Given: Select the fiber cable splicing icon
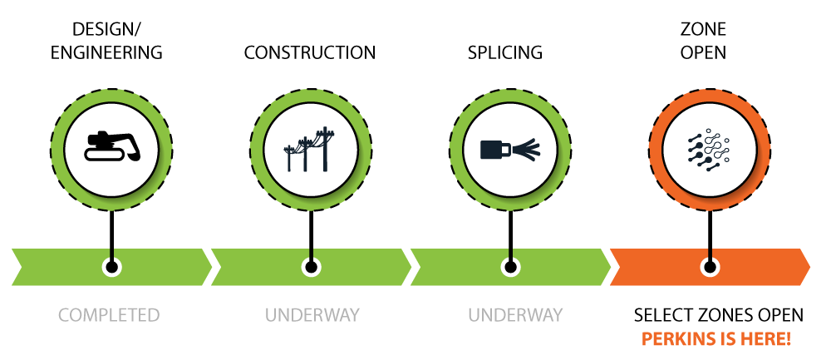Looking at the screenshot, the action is coord(510,150).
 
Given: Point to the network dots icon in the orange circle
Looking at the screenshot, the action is coord(709,149).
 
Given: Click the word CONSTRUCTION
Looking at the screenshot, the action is coord(310,52).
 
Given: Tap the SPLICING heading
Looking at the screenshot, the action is coord(505,52).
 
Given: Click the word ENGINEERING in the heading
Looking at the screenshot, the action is coord(106,52).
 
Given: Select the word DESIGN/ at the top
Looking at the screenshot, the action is coord(106,29).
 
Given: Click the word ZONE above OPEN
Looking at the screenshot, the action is coord(703,29).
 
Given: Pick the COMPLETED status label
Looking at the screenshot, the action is coord(109,315).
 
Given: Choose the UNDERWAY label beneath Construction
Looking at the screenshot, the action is coord(312,315).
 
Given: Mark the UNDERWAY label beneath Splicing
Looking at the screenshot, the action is coord(515,315).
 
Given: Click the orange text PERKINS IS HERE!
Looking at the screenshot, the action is coord(717,338).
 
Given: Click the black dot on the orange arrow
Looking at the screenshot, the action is coord(710,267).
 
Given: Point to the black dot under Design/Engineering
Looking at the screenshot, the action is coord(111,267).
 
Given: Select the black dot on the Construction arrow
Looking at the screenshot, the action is coord(311,267).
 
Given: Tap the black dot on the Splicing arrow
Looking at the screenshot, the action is coord(510,267).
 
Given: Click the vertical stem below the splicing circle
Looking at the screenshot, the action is coord(510,235).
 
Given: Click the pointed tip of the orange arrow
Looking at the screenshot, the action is coord(809,267).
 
